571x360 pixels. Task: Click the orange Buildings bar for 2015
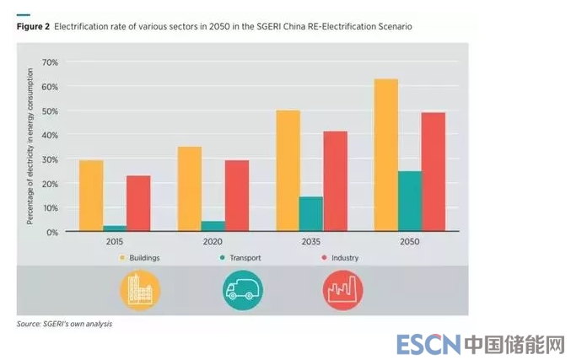[91, 196]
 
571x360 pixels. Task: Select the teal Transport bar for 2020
[213, 226]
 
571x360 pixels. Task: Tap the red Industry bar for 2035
[335, 180]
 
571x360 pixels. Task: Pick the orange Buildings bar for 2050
[386, 155]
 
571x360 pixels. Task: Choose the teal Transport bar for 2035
[311, 214]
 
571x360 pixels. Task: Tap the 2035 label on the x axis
[311, 241]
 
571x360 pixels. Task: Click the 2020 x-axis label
[214, 241]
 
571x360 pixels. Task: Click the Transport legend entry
[245, 257]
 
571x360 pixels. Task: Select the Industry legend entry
[341, 257]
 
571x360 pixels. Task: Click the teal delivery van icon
[242, 292]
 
